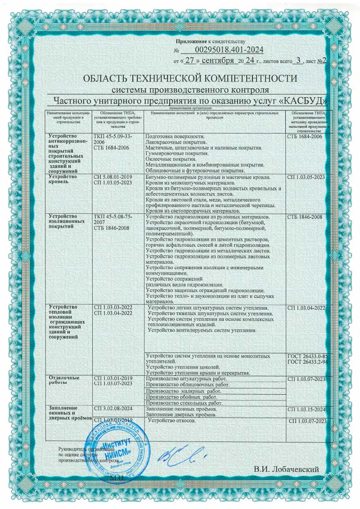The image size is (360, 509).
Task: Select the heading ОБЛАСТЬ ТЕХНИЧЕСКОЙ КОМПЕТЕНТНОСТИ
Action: [x=190, y=78]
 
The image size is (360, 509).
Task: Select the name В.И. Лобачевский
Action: [x=286, y=469]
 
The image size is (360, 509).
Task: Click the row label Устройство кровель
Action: [x=63, y=180]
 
